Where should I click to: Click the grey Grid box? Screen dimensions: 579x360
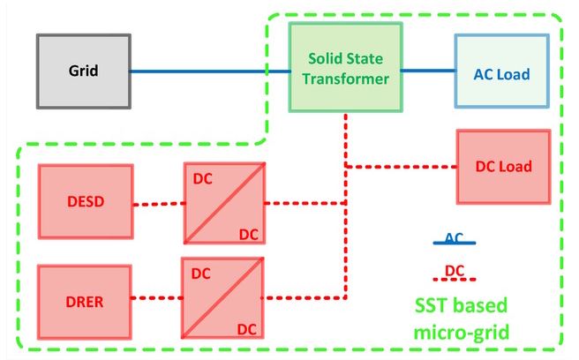pyautogui.click(x=84, y=71)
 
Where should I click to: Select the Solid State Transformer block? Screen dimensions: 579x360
pyautogui.click(x=345, y=67)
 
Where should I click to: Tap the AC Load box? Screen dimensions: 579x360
pyautogui.click(x=502, y=71)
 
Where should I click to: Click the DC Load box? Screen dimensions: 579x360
pyautogui.click(x=504, y=167)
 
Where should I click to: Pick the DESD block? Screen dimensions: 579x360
pyautogui.click(x=86, y=201)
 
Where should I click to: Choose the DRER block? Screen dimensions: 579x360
pyautogui.click(x=85, y=302)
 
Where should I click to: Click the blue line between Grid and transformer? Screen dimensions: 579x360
pyautogui.click(x=210, y=71)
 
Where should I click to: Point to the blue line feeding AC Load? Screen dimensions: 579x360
pyautogui.click(x=428, y=71)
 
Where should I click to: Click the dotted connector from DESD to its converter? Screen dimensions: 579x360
pyautogui.click(x=159, y=204)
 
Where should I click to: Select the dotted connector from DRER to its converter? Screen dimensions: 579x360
pyautogui.click(x=157, y=297)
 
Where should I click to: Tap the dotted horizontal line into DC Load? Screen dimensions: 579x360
pyautogui.click(x=402, y=167)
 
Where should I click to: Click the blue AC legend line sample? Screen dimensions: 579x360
pyautogui.click(x=455, y=243)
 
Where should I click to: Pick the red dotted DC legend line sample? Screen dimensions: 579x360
pyautogui.click(x=455, y=280)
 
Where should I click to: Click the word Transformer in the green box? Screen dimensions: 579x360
pyautogui.click(x=346, y=79)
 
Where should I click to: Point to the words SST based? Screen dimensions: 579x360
pyautogui.click(x=462, y=305)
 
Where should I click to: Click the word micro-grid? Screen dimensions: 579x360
pyautogui.click(x=462, y=332)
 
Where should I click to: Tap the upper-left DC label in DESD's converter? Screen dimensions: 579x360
pyautogui.click(x=203, y=179)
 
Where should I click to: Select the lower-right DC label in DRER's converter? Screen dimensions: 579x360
pyautogui.click(x=246, y=329)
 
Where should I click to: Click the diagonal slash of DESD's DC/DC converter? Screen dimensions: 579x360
pyautogui.click(x=224, y=203)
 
